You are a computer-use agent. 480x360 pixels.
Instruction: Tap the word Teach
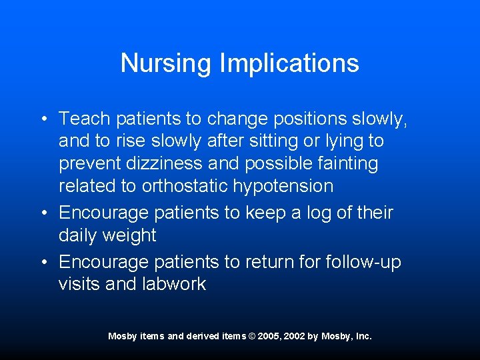click(85, 119)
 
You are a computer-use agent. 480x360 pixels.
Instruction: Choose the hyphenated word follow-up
click(363, 262)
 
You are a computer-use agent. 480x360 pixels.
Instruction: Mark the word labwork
click(175, 285)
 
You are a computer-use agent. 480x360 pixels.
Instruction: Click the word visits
click(79, 285)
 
